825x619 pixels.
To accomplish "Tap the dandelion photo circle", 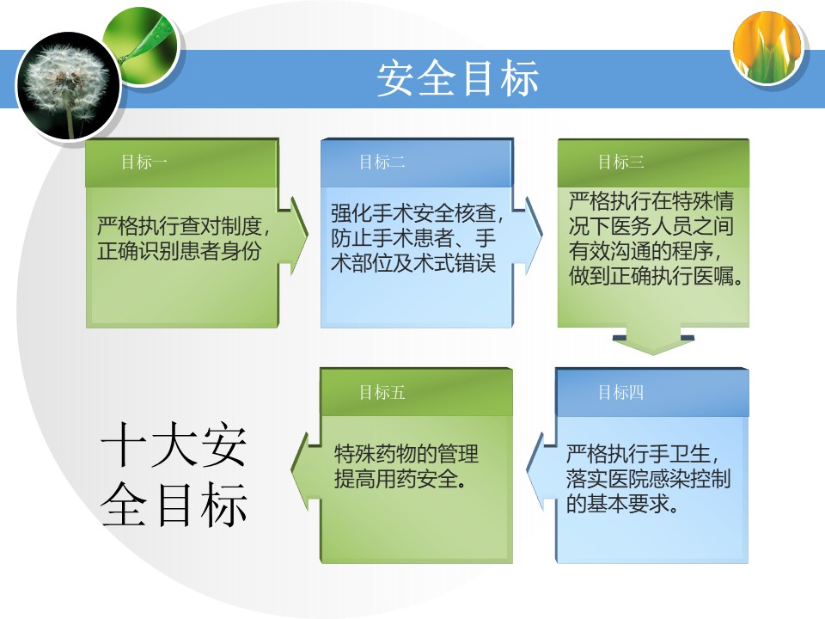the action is pos(69,86).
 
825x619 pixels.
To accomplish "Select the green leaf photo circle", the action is pos(141,46).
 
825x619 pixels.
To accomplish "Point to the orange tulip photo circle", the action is pos(767,47).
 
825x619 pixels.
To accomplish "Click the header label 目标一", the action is pos(144,162).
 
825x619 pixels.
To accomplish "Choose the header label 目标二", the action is pos(382,162).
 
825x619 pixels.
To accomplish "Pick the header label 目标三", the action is pos(620,162).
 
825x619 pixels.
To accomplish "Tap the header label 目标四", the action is pos(620,392).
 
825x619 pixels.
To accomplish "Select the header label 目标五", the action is pos(382,392).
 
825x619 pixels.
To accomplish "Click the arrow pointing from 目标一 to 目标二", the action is pos(295,236).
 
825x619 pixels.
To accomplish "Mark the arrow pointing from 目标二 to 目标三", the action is pos(529,236).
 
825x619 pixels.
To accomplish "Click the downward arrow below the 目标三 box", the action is pos(653,341).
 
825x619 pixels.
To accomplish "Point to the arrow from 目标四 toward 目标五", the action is pos(541,472).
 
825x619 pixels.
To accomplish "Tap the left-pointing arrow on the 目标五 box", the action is pos(305,472).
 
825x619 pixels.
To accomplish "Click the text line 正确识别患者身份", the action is pos(180,250).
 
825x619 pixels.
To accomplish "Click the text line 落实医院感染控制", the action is pos(648,479).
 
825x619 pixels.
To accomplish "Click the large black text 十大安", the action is pos(174,444).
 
